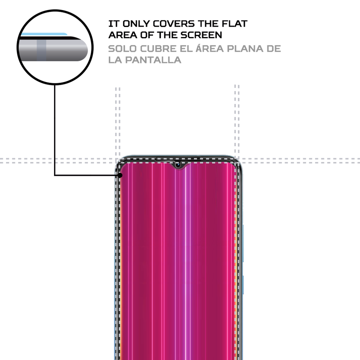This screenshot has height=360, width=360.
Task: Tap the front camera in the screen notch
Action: [x=178, y=164]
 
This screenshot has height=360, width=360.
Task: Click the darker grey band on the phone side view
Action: [x=42, y=49]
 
